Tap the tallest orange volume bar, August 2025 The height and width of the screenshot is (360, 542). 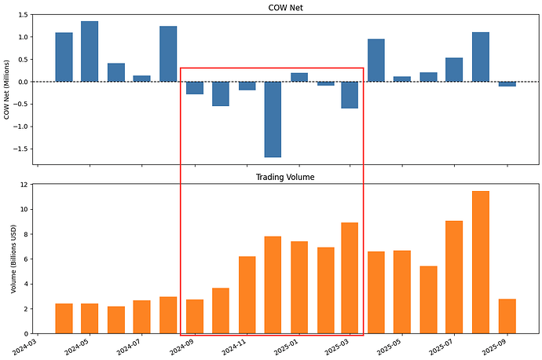[481, 251]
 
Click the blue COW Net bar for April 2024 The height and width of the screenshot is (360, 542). [64, 57]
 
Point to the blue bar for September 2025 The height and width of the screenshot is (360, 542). [507, 83]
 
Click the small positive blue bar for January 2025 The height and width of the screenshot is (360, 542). [299, 77]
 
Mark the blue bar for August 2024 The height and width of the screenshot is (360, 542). [168, 54]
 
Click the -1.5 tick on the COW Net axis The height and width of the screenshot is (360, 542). [19, 149]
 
